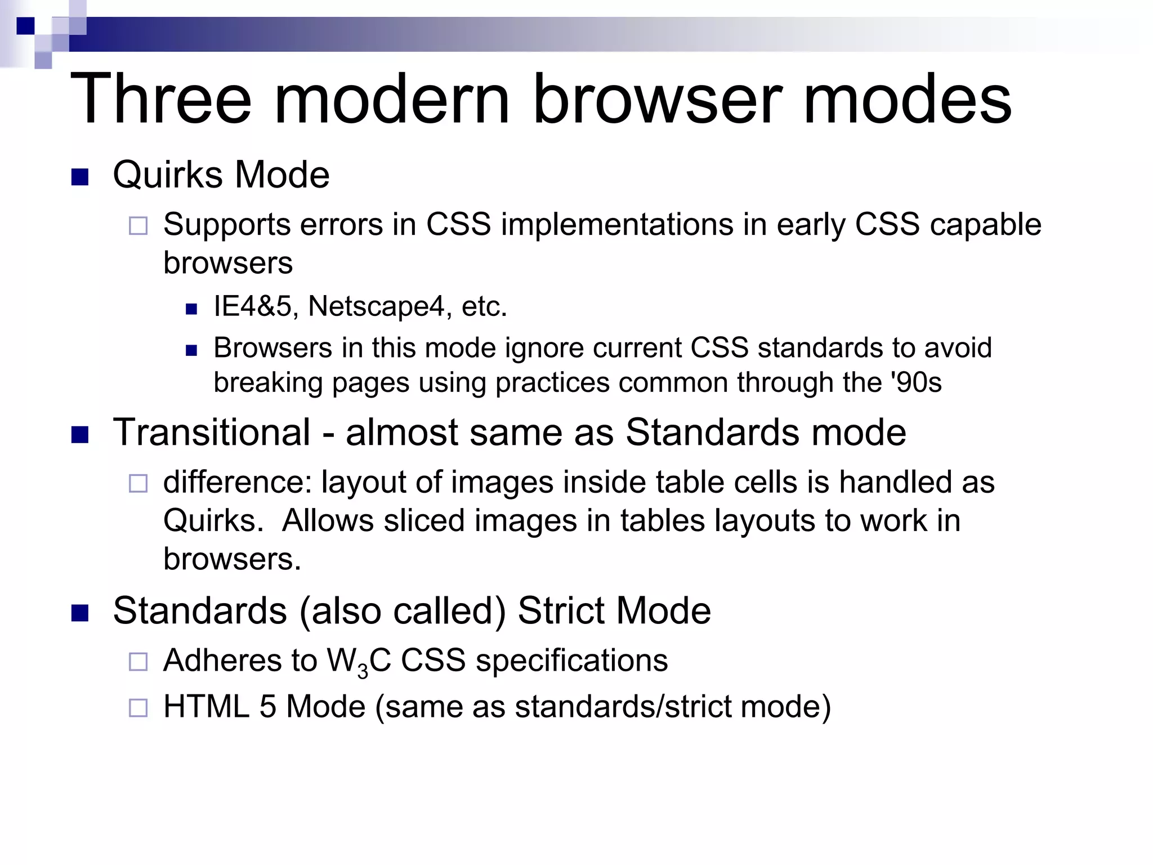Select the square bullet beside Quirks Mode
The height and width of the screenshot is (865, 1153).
81,177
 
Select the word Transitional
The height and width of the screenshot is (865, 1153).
212,432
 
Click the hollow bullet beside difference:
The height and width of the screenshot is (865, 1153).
138,483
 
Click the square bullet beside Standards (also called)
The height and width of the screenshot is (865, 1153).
81,613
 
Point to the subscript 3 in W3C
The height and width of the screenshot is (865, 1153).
363,671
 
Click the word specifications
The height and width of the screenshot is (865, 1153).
571,661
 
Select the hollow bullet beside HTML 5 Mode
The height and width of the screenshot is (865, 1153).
138,708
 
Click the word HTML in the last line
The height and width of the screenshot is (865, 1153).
206,707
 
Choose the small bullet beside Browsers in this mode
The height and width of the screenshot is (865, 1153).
191,350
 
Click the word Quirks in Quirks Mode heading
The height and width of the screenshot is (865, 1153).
168,175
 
